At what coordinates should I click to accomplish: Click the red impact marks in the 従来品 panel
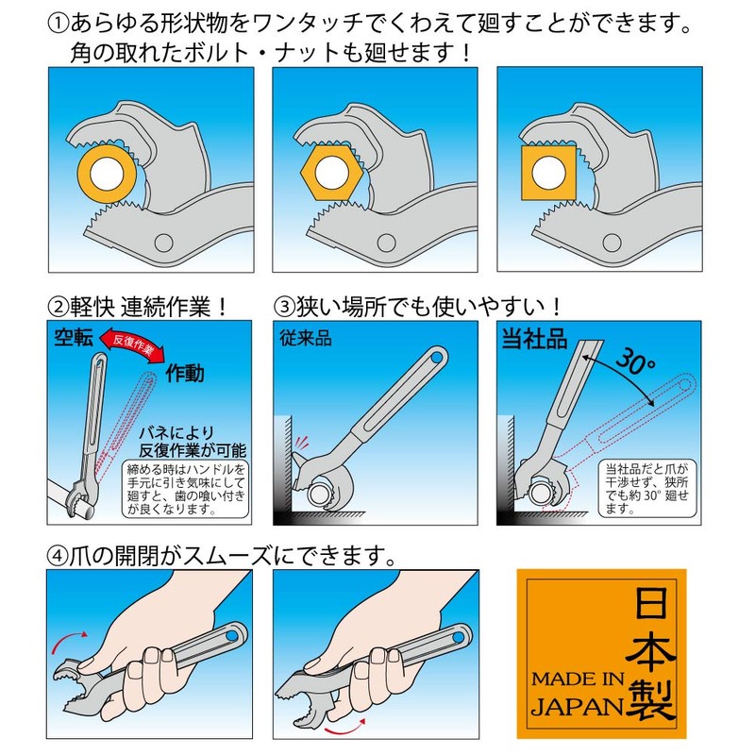tap(301, 444)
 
